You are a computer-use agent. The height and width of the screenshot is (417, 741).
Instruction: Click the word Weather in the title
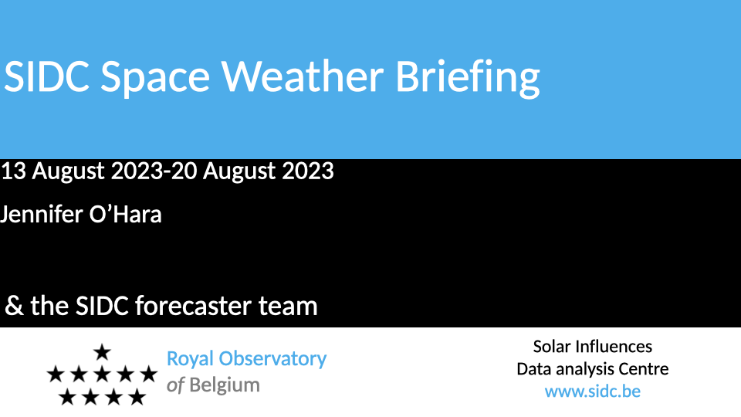pyautogui.click(x=303, y=76)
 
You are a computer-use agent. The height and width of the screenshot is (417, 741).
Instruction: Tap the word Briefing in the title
pyautogui.click(x=468, y=79)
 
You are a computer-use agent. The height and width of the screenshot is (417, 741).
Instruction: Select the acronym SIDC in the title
pyautogui.click(x=46, y=76)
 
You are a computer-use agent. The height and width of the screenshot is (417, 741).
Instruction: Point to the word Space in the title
pyautogui.click(x=155, y=79)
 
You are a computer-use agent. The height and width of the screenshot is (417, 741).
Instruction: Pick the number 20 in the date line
pyautogui.click(x=184, y=171)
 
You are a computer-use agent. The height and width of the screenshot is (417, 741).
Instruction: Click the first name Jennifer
pyautogui.click(x=40, y=215)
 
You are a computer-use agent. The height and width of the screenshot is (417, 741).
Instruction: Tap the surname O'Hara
pyautogui.click(x=125, y=215)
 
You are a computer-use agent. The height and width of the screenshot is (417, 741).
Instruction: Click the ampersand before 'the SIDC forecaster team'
pyautogui.click(x=14, y=306)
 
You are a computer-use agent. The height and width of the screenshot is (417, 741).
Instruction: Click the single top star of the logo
pyautogui.click(x=102, y=352)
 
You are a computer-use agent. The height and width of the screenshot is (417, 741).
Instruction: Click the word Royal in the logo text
pyautogui.click(x=190, y=359)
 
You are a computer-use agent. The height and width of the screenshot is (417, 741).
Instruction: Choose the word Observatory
pyautogui.click(x=272, y=359)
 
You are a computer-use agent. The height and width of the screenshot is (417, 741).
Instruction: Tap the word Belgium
pyautogui.click(x=225, y=386)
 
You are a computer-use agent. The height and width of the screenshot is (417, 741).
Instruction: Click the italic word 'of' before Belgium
pyautogui.click(x=175, y=385)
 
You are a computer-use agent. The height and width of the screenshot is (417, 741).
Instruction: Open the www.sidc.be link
pyautogui.click(x=593, y=392)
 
